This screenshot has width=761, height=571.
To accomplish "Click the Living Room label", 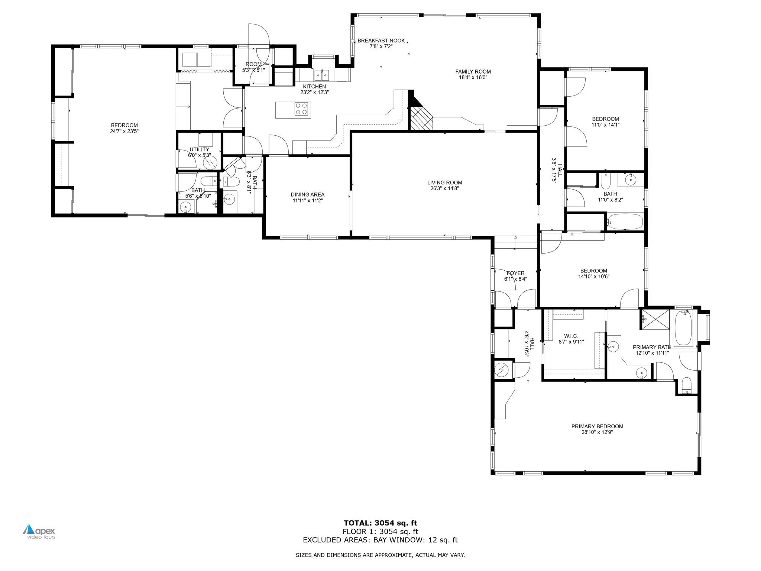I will pos(444,183).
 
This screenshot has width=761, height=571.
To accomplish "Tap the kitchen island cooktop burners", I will pos(301,109).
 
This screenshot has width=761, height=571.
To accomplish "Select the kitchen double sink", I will pos(322,75).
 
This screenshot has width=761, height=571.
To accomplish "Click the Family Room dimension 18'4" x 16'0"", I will pos(473,78).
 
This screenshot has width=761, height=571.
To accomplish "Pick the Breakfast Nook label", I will pos(381,41).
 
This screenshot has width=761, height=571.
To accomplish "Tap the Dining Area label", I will pos(307,194).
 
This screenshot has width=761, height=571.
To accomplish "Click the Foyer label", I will pos(515,273).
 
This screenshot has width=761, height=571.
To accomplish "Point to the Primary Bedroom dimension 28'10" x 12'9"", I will pos(597,432).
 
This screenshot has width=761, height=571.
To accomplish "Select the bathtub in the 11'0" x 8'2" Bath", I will pos(624,222).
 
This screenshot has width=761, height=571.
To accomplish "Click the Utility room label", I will pos(199,149).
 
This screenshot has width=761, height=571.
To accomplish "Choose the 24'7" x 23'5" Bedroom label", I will pos(124,125).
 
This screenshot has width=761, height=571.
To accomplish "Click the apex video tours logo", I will pos(39,532).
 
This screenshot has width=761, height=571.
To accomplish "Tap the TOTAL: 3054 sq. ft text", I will pos(380,523).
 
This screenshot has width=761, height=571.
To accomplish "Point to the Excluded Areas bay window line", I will pos(380,540).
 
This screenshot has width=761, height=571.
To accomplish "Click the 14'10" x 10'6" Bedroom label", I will pos(593,271).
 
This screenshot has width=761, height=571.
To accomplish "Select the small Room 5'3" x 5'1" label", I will pos(253,64).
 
